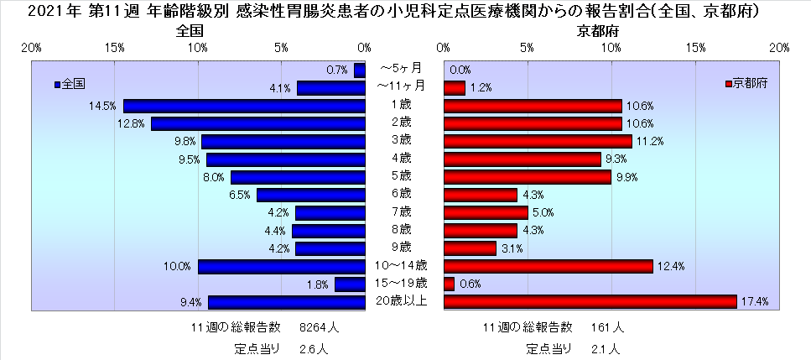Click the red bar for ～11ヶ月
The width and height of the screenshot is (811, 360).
454,87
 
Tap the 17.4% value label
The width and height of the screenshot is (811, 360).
757,301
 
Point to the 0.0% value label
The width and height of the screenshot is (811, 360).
460,70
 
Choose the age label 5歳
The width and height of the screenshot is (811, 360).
401,176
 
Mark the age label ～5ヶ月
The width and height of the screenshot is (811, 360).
401,68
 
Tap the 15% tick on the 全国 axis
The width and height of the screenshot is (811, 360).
115,48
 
